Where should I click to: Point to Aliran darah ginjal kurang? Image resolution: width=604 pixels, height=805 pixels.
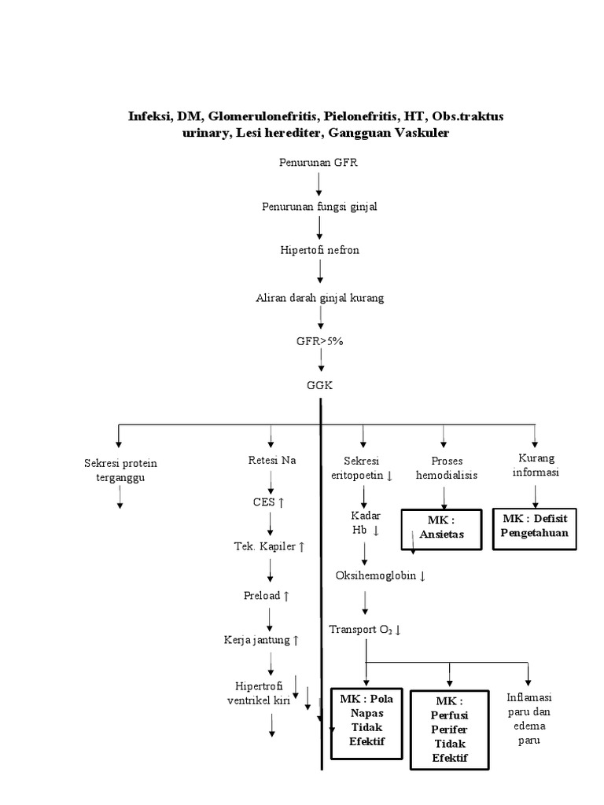tap(319, 298)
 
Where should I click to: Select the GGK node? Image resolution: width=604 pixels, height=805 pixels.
tap(320, 386)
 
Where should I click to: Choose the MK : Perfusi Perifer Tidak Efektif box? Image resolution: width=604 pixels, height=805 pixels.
tap(449, 729)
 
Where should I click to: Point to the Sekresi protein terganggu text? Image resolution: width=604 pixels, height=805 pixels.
tap(120, 469)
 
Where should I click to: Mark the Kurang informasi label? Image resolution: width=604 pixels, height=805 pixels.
tap(535, 465)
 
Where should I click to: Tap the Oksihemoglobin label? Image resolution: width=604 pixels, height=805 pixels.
tap(381, 575)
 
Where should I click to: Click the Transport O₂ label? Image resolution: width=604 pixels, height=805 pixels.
tap(366, 629)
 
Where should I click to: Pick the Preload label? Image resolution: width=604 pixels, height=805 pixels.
tap(267, 595)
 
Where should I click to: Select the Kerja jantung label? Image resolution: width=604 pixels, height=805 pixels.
tap(261, 640)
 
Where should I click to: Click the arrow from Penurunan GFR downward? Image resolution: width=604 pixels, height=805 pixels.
tap(319, 184)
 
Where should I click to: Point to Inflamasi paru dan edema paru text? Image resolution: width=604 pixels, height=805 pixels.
tap(528, 719)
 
